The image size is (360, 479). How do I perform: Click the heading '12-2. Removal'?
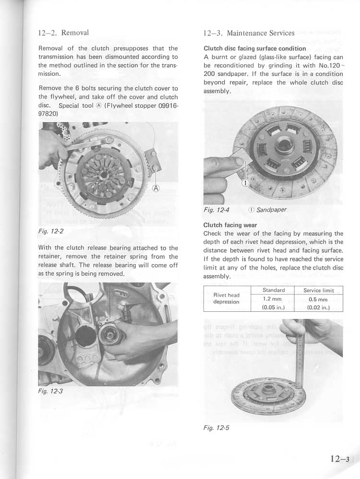[63, 33]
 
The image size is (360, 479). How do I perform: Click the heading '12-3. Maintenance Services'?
[249, 33]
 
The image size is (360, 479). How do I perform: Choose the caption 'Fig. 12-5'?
[216, 428]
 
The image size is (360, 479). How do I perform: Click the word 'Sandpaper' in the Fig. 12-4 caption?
[272, 209]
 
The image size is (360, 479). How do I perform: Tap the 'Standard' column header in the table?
[274, 290]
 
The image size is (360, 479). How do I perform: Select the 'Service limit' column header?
[318, 290]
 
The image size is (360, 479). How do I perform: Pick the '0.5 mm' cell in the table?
[318, 298]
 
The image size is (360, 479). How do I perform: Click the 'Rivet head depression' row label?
[227, 298]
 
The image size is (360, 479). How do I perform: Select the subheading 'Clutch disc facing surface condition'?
[254, 49]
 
